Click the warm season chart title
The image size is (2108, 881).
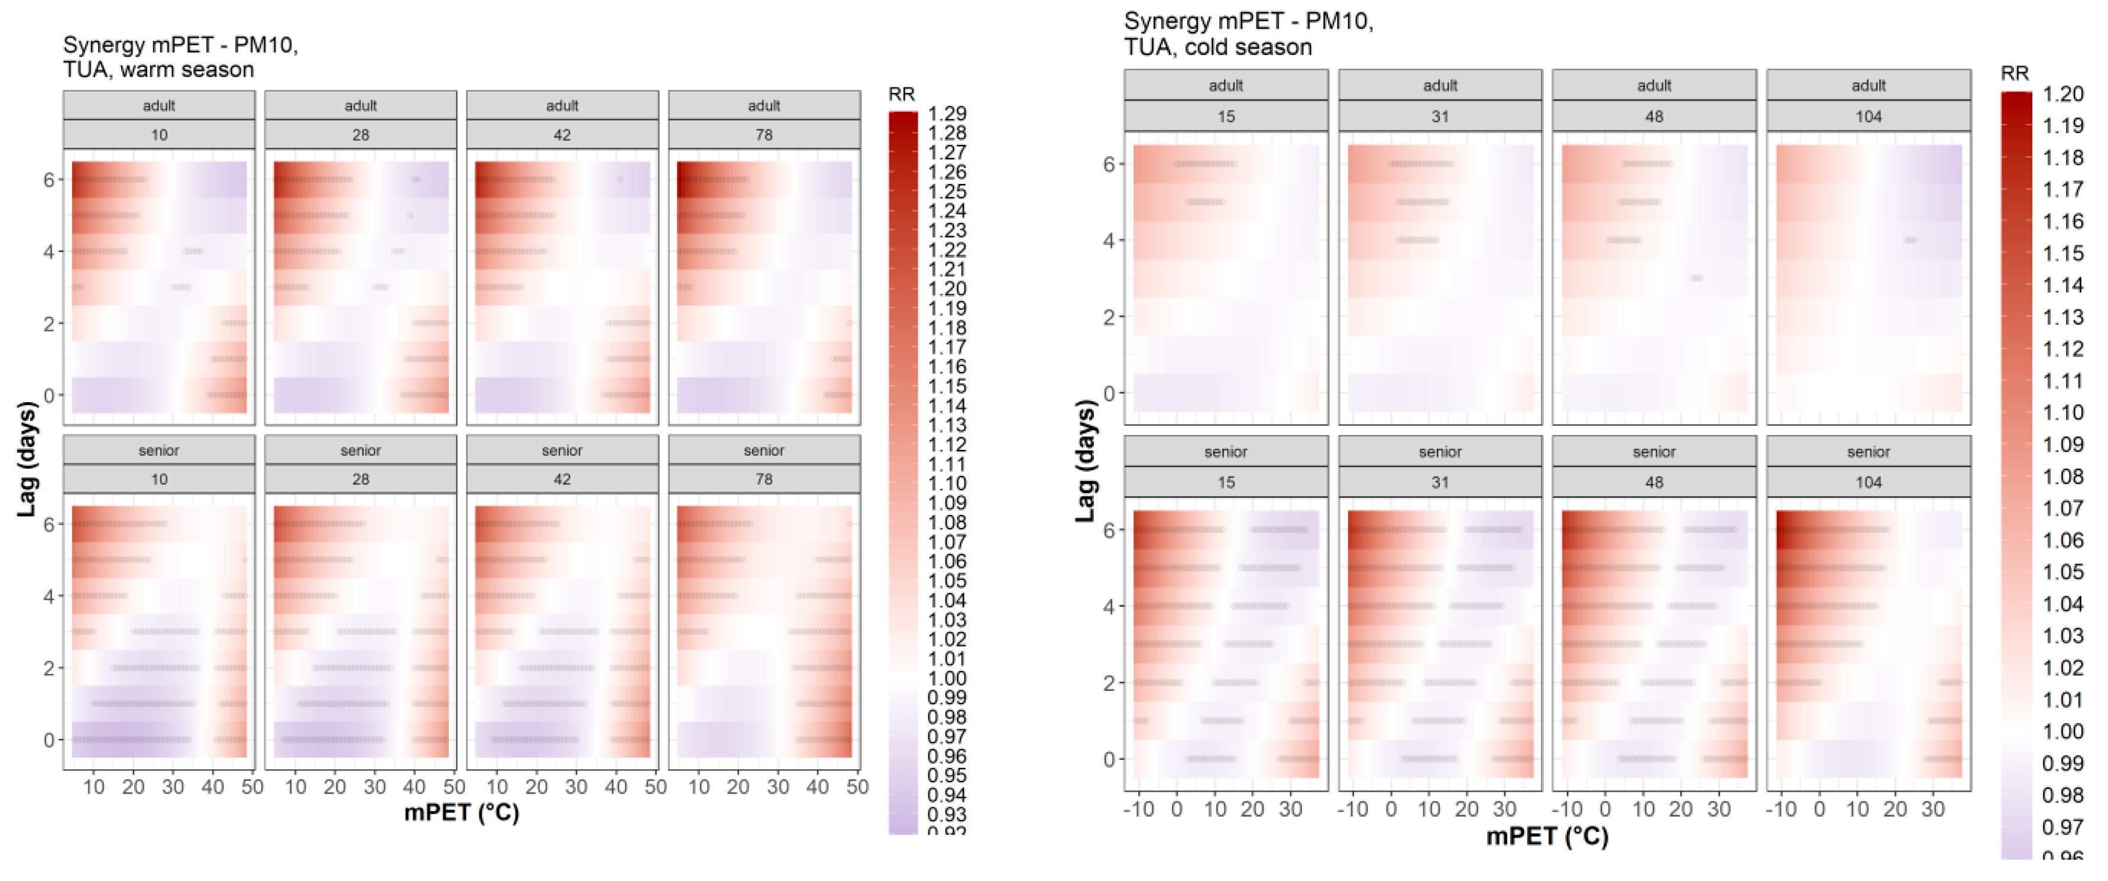point(180,56)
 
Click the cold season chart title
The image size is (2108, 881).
point(1248,34)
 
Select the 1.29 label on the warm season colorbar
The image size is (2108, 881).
point(947,114)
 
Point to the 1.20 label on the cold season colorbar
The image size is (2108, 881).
point(2062,94)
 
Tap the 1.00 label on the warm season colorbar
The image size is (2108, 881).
point(947,678)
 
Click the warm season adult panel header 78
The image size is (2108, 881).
point(763,135)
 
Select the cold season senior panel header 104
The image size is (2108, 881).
point(1869,482)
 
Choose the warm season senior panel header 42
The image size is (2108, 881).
point(562,480)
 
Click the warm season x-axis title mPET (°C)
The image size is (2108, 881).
point(462,812)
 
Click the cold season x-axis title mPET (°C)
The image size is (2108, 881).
point(1547,836)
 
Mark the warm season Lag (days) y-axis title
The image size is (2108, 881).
point(27,458)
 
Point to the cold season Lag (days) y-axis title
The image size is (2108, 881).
point(1085,461)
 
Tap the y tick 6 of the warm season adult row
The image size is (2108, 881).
point(49,179)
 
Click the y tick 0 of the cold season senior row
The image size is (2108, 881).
point(1109,759)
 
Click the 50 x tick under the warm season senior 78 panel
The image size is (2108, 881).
point(857,787)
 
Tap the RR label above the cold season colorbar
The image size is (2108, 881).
point(2014,74)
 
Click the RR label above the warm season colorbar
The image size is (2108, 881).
point(901,94)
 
